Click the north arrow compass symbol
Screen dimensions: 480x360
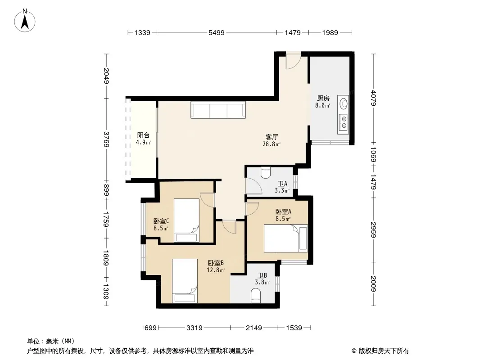click(25, 21)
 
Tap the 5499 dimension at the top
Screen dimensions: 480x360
click(217, 33)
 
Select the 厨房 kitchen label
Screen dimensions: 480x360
click(323, 98)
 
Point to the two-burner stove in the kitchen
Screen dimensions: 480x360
click(344, 122)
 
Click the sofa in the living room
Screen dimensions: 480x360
click(218, 110)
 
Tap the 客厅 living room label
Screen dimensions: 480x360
click(272, 137)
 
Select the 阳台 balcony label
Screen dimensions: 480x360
click(143, 135)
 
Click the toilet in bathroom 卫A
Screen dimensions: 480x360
click(265, 172)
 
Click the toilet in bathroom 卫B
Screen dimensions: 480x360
click(255, 297)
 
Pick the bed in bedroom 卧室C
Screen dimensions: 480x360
click(186, 220)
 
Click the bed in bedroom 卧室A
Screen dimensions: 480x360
click(286, 238)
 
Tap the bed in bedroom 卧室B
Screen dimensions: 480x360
click(185, 281)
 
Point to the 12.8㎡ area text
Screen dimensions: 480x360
click(216, 270)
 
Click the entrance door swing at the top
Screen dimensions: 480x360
click(293, 61)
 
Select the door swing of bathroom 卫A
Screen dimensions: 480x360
click(254, 186)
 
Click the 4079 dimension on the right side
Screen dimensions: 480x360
click(373, 98)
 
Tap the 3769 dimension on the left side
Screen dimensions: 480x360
click(106, 139)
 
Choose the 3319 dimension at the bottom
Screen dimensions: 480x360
click(195, 328)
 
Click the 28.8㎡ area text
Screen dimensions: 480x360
click(272, 144)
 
